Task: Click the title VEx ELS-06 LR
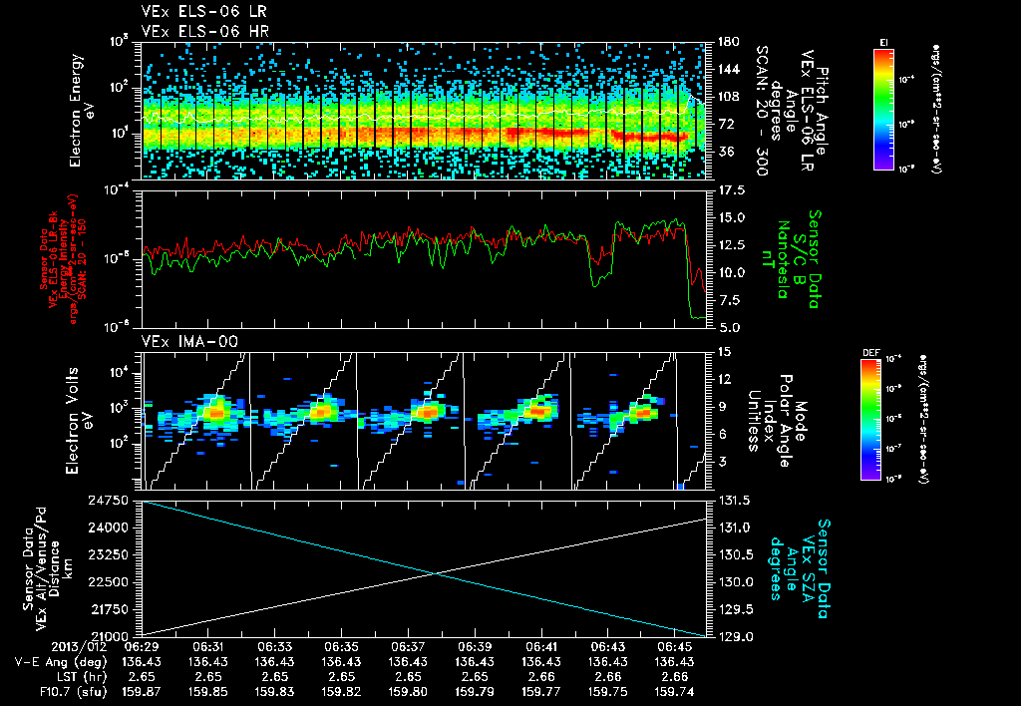[x=195, y=12]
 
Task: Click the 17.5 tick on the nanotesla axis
[x=724, y=190]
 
